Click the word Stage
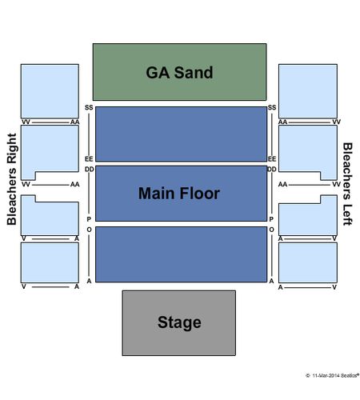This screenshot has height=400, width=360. point(179,322)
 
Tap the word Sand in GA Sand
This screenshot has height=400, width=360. point(194,72)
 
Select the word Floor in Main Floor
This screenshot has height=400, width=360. point(199,194)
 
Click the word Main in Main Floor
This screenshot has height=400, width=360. point(157,194)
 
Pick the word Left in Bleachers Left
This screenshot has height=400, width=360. point(348,215)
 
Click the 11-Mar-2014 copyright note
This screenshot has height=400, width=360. point(332,375)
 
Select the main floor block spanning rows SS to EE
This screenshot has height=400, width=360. point(181,134)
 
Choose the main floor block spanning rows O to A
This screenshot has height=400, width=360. point(181,254)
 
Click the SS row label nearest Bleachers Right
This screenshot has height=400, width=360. point(89,107)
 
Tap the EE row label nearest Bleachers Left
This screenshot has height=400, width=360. point(272,159)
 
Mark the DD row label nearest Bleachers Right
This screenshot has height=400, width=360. point(90,170)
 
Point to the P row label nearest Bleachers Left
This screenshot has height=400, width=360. point(271,219)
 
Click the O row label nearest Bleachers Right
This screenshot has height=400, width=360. point(89,230)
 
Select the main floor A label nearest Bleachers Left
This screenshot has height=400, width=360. point(271,281)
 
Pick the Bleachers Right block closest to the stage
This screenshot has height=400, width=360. point(50,262)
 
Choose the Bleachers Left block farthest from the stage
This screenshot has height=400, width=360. point(308,91)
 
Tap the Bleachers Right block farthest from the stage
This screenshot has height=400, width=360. point(50,91)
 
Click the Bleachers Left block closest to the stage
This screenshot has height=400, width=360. point(308,262)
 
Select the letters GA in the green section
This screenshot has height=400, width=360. point(158,72)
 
